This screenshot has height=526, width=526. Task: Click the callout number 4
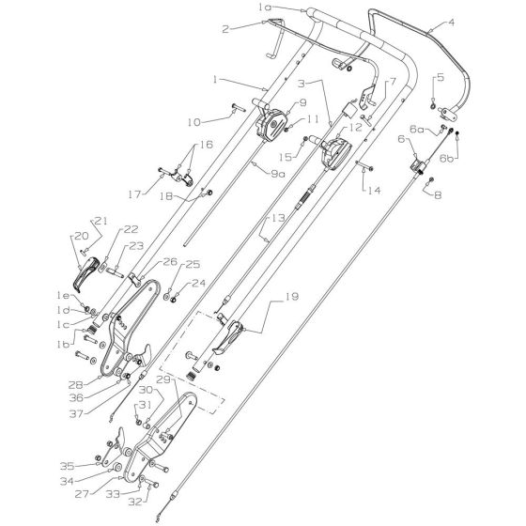(451, 23)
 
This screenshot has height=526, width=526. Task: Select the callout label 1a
(265, 8)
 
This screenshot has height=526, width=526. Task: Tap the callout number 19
(291, 297)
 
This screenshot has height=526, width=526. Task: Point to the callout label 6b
(447, 159)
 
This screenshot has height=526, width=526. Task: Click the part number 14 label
(374, 190)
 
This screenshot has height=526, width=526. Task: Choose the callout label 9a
(278, 174)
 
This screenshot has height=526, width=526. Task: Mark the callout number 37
(76, 413)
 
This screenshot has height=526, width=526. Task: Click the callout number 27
(82, 494)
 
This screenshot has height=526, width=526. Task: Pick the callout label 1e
(63, 296)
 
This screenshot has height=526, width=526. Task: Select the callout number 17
(135, 194)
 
